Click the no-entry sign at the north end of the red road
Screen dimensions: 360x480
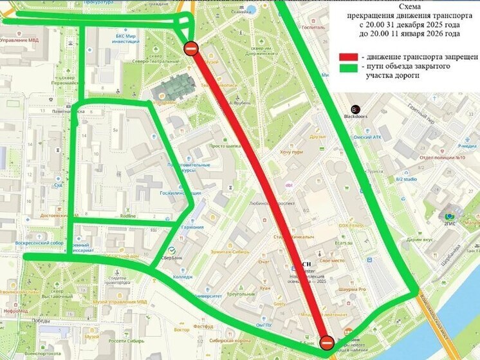pyautogui.click(x=191, y=48)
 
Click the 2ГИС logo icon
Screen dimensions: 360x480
pyautogui.click(x=449, y=216)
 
